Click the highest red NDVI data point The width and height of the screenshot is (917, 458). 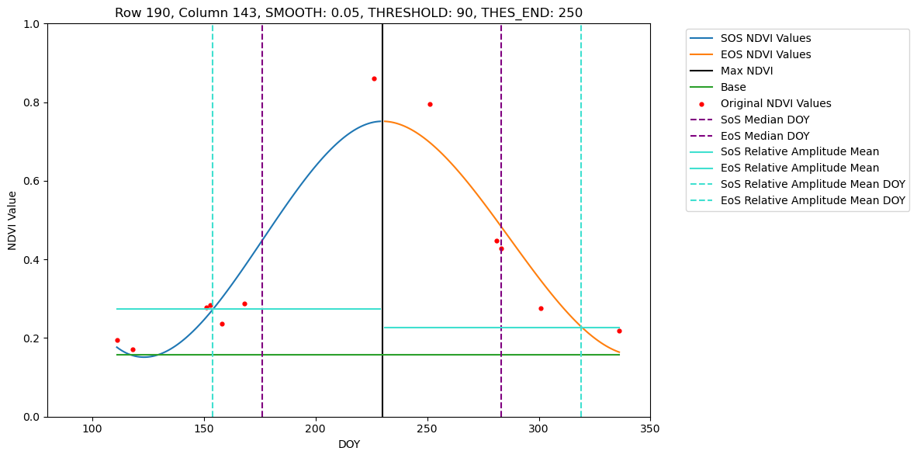[374, 78]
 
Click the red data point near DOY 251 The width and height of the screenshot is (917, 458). [430, 104]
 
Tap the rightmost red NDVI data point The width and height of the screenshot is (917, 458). [619, 331]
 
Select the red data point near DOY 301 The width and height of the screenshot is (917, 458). [541, 308]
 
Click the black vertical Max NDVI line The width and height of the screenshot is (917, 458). [382, 233]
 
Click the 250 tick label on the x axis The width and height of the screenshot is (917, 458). [427, 429]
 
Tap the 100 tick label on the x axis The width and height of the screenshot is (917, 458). [92, 429]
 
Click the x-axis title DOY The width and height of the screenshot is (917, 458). [348, 445]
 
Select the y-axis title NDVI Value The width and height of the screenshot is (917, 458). [12, 220]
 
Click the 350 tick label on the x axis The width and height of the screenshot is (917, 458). [650, 429]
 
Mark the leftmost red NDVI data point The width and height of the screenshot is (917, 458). [117, 340]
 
